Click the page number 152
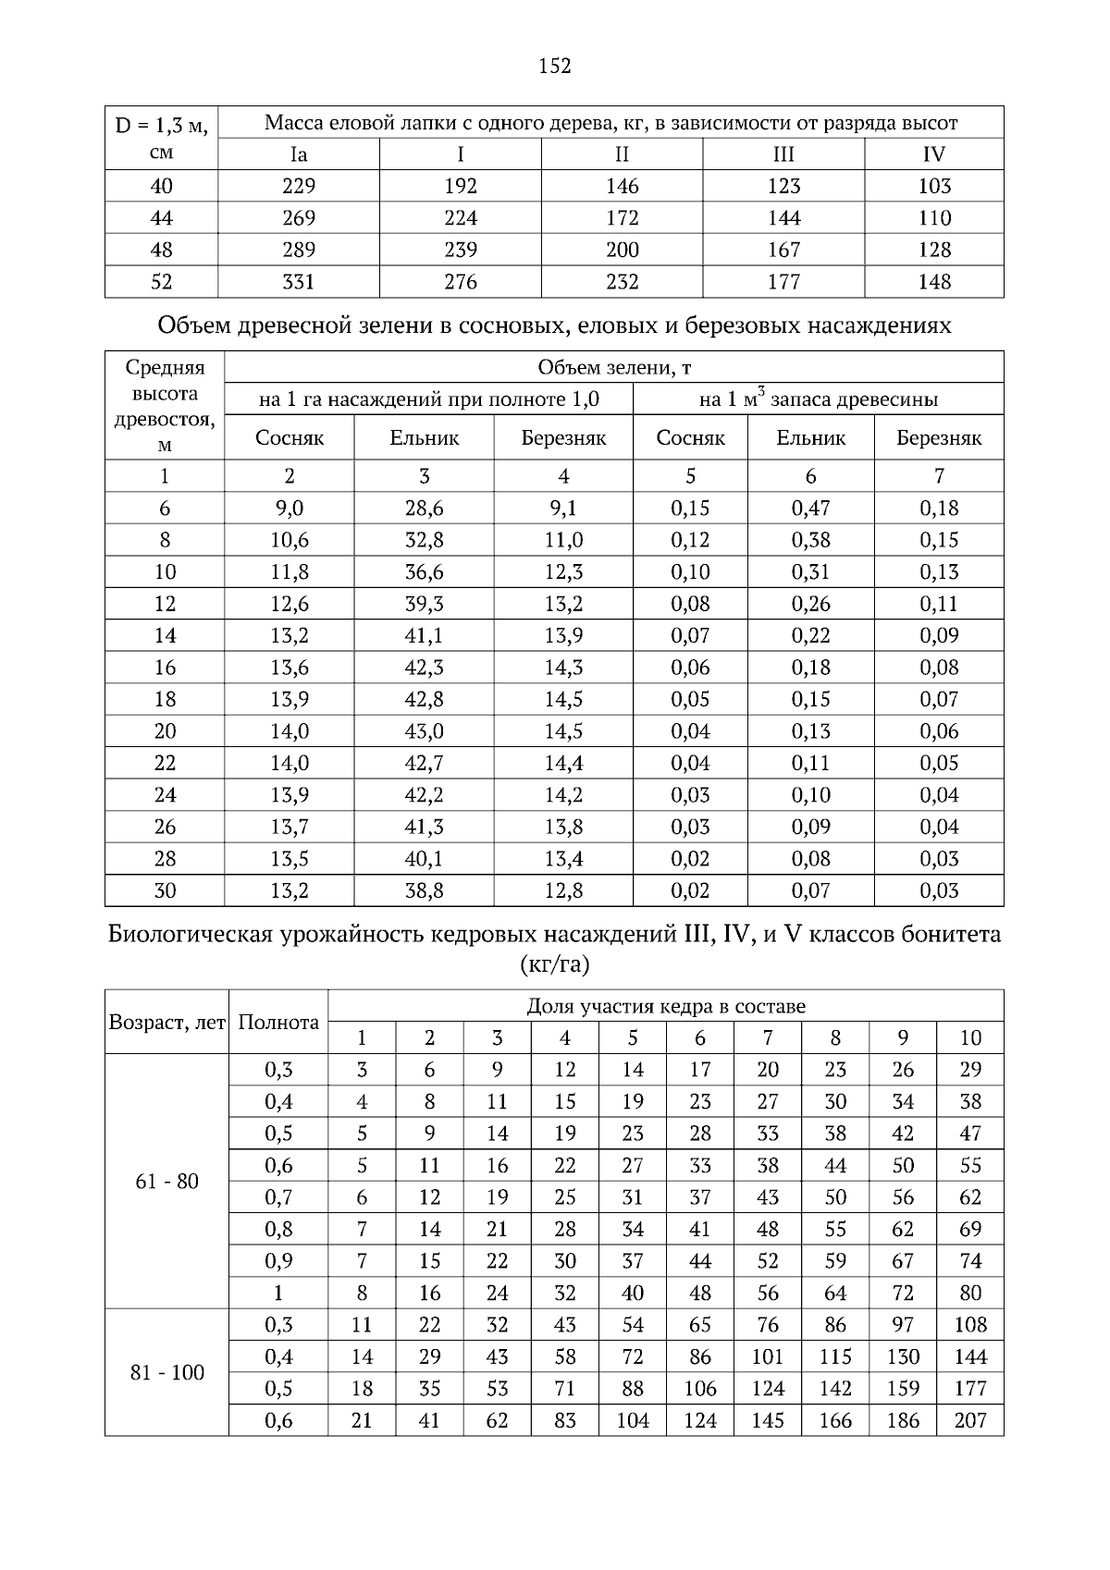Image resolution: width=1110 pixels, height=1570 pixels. tap(555, 66)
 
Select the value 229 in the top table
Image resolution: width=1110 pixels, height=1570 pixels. tap(299, 186)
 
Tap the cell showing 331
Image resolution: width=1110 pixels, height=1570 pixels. tap(299, 282)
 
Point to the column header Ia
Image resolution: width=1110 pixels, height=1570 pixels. tap(299, 154)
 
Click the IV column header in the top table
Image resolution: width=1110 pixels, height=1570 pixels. tap(934, 154)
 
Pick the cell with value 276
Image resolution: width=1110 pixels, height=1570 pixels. tap(461, 282)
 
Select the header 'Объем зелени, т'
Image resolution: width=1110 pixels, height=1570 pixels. tap(614, 367)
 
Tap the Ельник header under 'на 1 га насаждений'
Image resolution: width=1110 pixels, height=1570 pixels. tap(424, 438)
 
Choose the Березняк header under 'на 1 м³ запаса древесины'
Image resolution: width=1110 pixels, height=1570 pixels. tap(939, 438)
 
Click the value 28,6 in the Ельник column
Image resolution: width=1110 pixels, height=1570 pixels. tap(424, 508)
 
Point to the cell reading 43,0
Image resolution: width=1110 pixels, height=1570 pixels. tap(424, 731)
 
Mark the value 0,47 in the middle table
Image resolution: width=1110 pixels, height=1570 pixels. tap(810, 508)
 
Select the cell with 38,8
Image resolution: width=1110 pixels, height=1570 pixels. tap(424, 891)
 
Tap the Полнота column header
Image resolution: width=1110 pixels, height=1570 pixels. tap(278, 1023)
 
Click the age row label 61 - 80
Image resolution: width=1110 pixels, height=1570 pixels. tap(166, 1182)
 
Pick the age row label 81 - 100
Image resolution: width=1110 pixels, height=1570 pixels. tap(166, 1373)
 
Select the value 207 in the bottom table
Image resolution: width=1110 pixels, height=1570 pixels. tap(969, 1421)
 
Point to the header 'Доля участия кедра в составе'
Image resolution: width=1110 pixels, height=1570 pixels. tap(665, 1006)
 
